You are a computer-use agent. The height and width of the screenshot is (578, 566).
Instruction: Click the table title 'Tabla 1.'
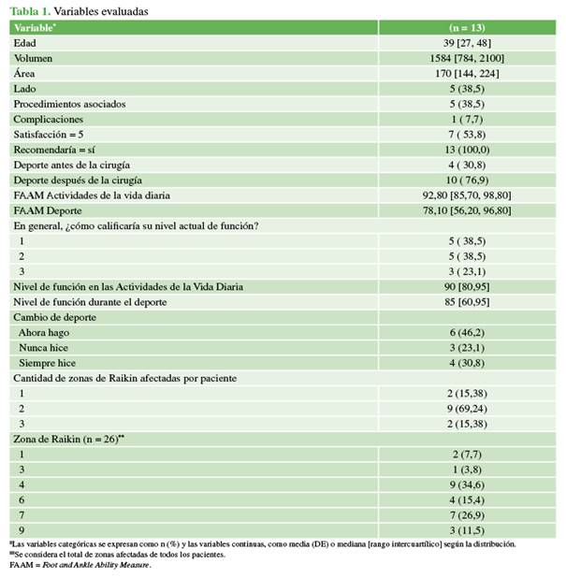pyautogui.click(x=29, y=11)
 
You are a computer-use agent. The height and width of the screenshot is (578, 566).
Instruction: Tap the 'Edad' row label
pyautogui.click(x=25, y=43)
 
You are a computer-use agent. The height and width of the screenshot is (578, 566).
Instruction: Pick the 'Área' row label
pyautogui.click(x=25, y=73)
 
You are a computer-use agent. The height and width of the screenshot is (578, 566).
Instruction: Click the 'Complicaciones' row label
pyautogui.click(x=48, y=119)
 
